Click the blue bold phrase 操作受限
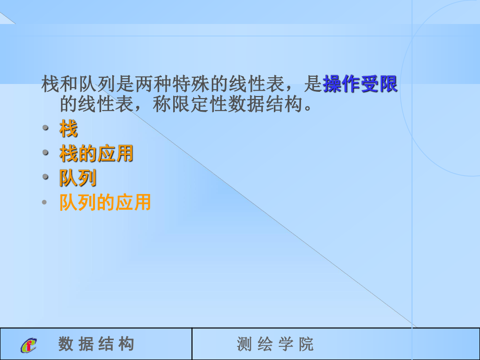coord(360,83)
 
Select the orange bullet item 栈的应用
coord(97,153)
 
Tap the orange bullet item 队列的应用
coord(105,202)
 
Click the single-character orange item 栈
coord(68,128)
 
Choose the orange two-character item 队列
coord(78,178)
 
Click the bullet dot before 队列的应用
coord(45,202)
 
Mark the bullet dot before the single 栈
coord(45,128)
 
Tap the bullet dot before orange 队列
coord(45,177)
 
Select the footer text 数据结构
coord(97,344)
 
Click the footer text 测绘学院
coord(275,344)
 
